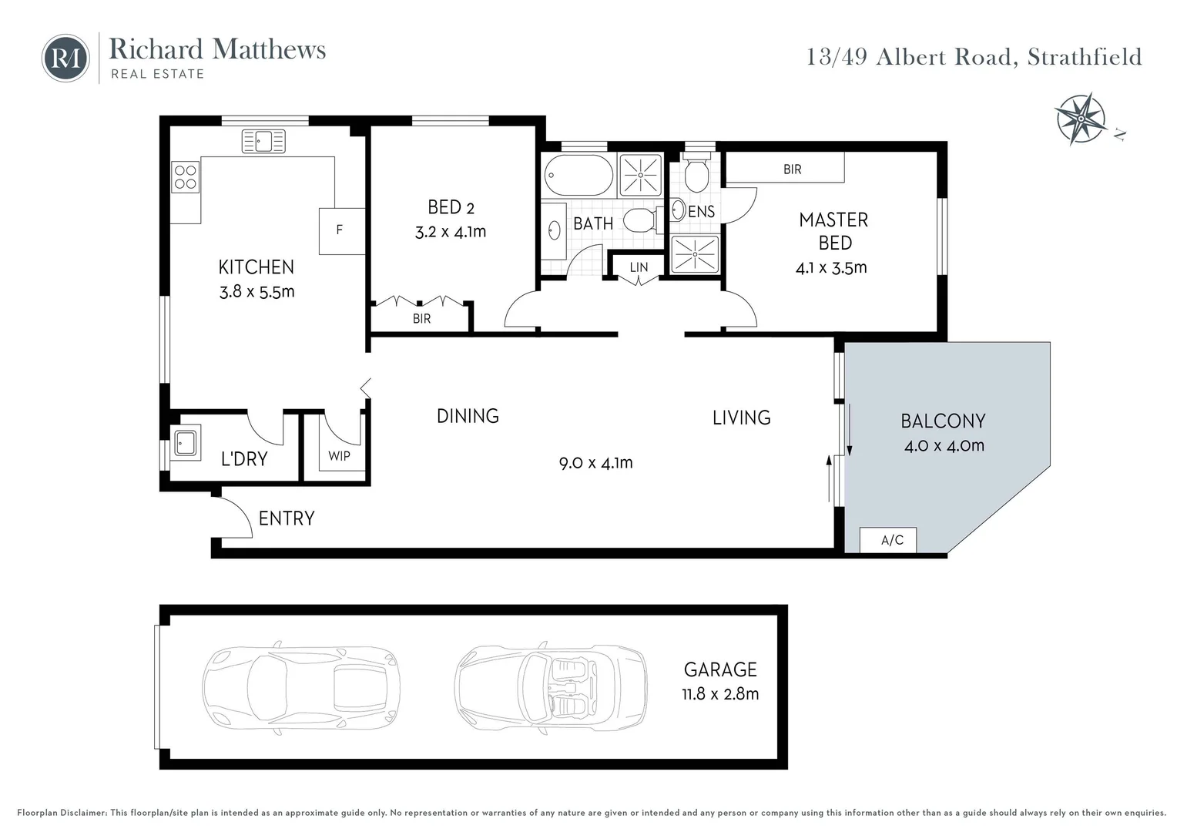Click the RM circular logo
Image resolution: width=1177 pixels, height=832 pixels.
pos(65,58)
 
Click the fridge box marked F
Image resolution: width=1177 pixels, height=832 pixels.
pos(341,230)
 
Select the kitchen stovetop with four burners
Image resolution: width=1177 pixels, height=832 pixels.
pos(185,176)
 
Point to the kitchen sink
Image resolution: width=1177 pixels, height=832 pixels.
pos(263,141)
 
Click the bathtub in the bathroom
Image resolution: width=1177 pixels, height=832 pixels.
pos(578,176)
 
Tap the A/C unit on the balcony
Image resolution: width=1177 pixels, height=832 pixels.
pos(891,540)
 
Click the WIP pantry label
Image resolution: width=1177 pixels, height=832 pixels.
pos(339,455)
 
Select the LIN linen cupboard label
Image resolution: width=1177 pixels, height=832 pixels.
pos(639,267)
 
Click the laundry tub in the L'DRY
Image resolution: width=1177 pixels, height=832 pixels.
pos(186,443)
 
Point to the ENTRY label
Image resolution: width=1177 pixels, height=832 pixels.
pos(287,518)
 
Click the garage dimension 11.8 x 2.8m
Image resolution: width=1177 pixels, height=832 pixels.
pos(720,693)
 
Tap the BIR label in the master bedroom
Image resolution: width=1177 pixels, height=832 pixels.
pos(792,169)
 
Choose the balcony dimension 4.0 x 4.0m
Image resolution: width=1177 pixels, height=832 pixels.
pos(944,445)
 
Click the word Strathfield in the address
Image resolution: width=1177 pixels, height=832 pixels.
pos(1084,57)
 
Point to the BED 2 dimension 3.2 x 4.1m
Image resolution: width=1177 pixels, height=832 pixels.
pos(451,232)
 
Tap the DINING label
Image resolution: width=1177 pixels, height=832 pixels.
pos(468,416)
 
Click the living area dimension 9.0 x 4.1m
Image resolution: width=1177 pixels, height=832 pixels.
pos(595,463)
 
